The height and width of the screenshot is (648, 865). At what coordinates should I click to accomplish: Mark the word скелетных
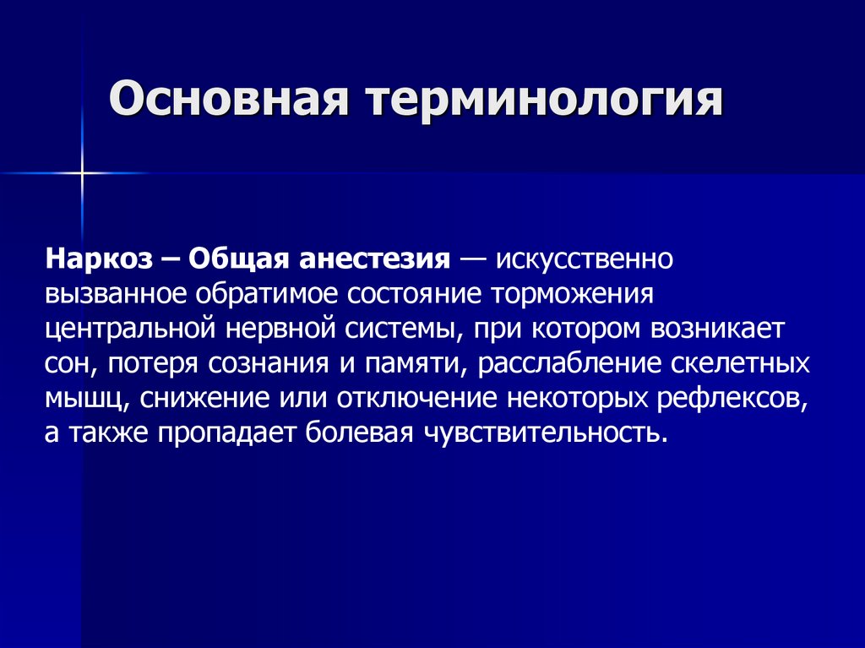coord(741,365)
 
